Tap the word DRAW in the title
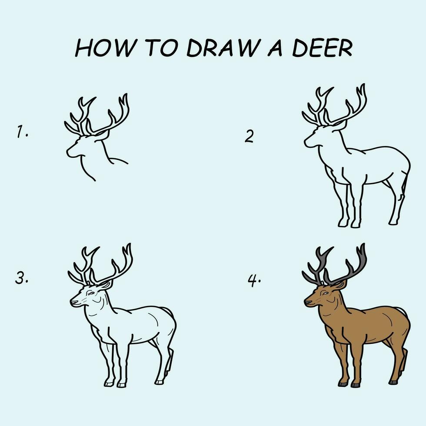click(x=224, y=49)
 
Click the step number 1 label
click(x=22, y=132)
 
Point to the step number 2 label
click(x=249, y=137)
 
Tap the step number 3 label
click(x=22, y=278)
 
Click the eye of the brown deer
click(x=325, y=294)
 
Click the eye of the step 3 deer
click(x=91, y=294)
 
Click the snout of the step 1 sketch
click(x=69, y=152)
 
